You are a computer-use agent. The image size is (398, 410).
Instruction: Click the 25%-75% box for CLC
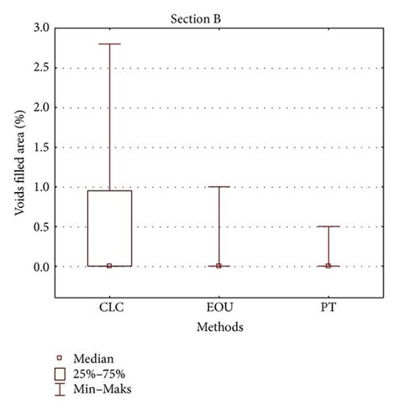[x=109, y=228]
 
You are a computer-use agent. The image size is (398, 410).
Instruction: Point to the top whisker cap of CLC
[x=109, y=44]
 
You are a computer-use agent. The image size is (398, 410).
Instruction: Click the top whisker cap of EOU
[x=218, y=187]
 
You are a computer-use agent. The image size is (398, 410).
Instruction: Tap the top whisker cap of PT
[x=327, y=226]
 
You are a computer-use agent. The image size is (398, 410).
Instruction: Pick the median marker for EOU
[x=218, y=266]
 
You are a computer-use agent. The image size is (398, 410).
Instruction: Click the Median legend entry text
[x=95, y=356]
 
